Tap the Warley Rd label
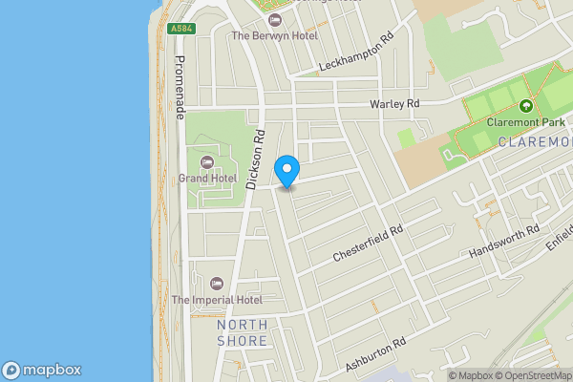coord(394,104)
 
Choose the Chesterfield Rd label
coord(369,244)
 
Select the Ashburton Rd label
coord(375,353)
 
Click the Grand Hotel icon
coord(207,160)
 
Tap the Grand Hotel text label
coord(207,178)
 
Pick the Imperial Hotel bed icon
coord(216,283)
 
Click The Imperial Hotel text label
coord(217,300)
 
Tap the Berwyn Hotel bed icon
coord(276,19)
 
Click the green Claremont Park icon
coord(526,105)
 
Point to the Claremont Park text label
coord(526,122)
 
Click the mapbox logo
coord(42,370)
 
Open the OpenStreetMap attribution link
coord(533,375)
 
